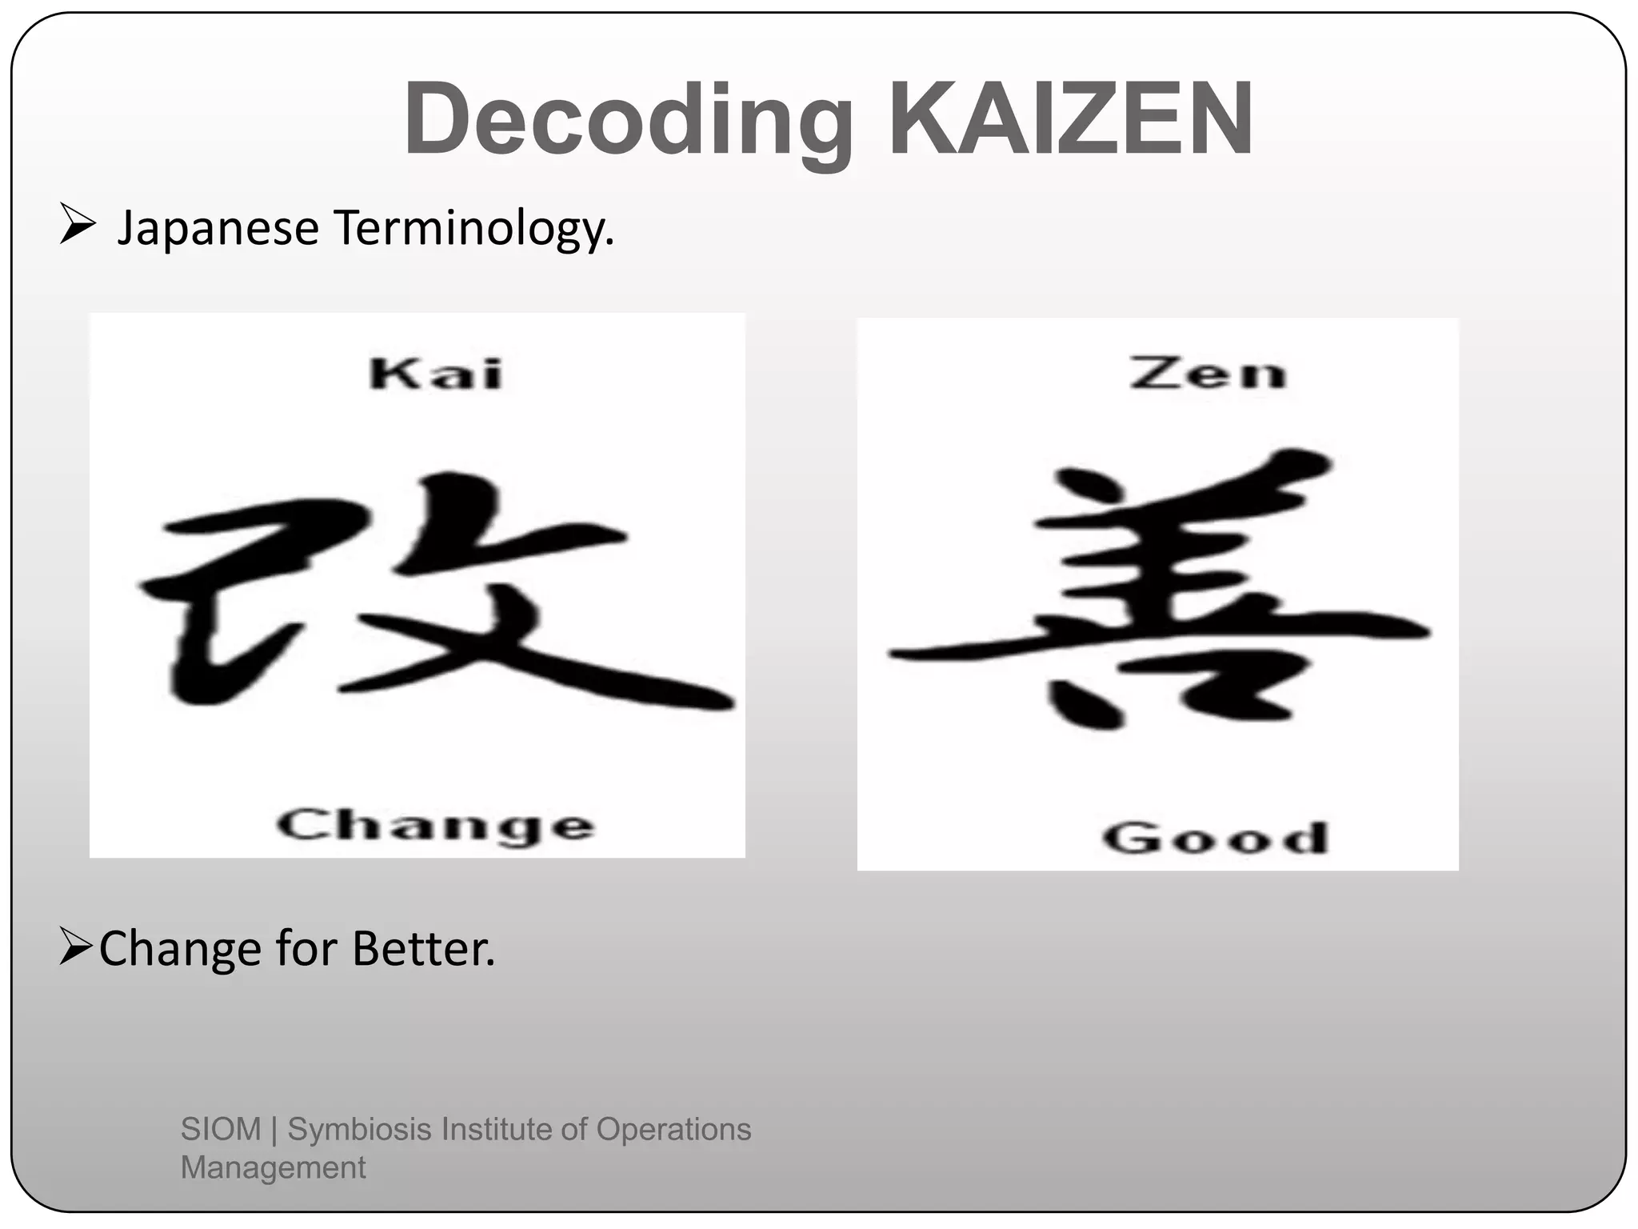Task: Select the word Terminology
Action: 473,229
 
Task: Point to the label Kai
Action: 436,374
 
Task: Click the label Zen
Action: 1208,374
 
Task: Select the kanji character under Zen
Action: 1160,592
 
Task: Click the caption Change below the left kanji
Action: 436,825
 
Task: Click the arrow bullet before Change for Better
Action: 77,947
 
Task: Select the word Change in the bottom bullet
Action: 180,951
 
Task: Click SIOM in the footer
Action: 221,1129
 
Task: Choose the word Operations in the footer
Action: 673,1129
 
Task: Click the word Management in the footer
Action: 273,1167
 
